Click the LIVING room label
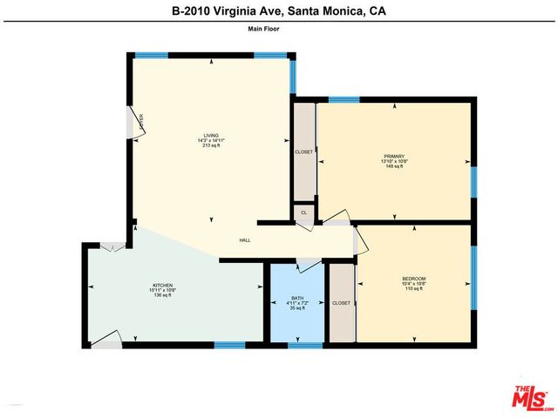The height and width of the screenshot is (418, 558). pyautogui.click(x=211, y=135)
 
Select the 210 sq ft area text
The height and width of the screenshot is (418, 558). pyautogui.click(x=211, y=145)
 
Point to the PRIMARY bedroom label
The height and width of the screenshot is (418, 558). pyautogui.click(x=395, y=156)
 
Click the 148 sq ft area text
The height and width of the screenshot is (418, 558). pyautogui.click(x=395, y=165)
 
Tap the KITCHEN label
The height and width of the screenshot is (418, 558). pyautogui.click(x=162, y=286)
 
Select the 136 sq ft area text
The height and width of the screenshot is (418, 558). pyautogui.click(x=162, y=295)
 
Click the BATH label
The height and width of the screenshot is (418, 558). pyautogui.click(x=297, y=299)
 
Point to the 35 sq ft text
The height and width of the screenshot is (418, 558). pyautogui.click(x=297, y=308)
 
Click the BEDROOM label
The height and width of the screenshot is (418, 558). pyautogui.click(x=413, y=279)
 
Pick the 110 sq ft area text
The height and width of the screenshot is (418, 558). pyautogui.click(x=413, y=288)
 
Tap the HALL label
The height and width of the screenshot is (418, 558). pyautogui.click(x=247, y=240)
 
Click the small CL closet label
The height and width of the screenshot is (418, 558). pyautogui.click(x=303, y=212)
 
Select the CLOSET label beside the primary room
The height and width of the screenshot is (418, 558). pyautogui.click(x=303, y=152)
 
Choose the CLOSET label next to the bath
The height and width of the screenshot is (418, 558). pyautogui.click(x=341, y=303)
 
